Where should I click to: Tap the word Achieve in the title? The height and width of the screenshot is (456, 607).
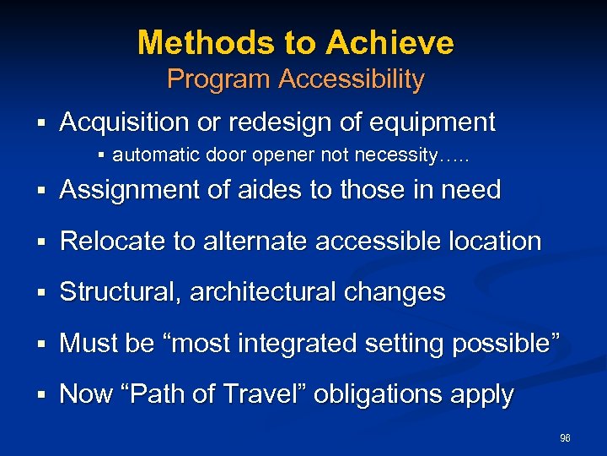coord(390,42)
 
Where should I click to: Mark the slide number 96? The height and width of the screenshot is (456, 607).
coord(565,438)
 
